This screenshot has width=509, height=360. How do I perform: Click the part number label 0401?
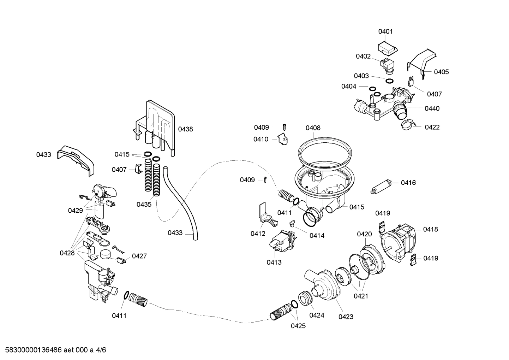(x=385, y=31)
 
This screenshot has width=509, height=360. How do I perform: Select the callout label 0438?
(x=185, y=129)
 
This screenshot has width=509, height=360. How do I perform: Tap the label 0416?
(x=408, y=183)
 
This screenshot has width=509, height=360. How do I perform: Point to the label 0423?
(x=346, y=317)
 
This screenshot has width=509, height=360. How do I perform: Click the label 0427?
(x=139, y=256)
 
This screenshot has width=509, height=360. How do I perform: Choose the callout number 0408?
(x=313, y=128)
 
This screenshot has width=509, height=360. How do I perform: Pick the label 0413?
(x=274, y=262)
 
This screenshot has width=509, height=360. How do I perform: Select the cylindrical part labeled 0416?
(x=382, y=186)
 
